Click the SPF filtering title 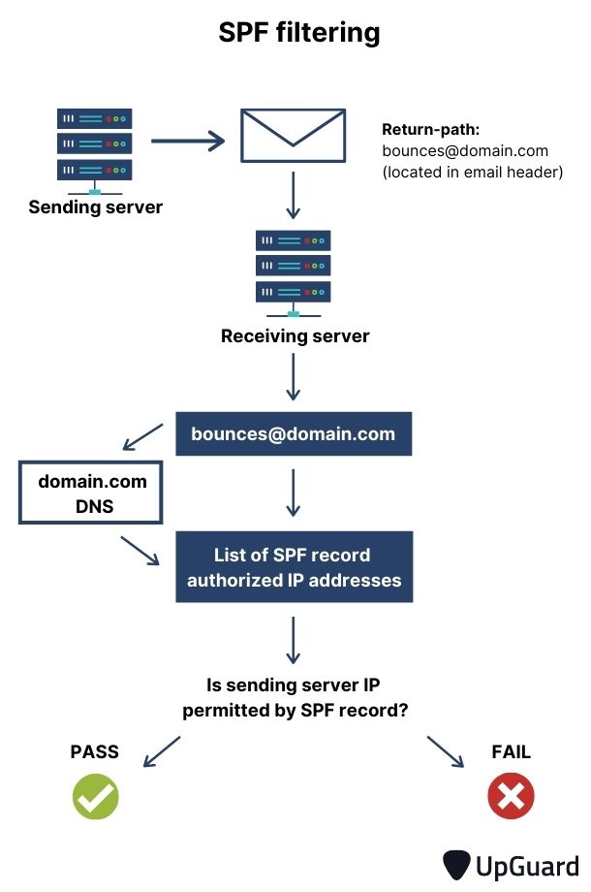(298, 34)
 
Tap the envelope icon (294, 135)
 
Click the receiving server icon (293, 270)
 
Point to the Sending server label (95, 207)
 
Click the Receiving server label (295, 336)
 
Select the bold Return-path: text (430, 130)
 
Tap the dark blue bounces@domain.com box (294, 433)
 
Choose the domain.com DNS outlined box (92, 494)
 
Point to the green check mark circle (95, 797)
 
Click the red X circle (511, 797)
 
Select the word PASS (95, 752)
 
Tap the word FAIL (511, 752)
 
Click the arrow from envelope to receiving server (294, 196)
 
